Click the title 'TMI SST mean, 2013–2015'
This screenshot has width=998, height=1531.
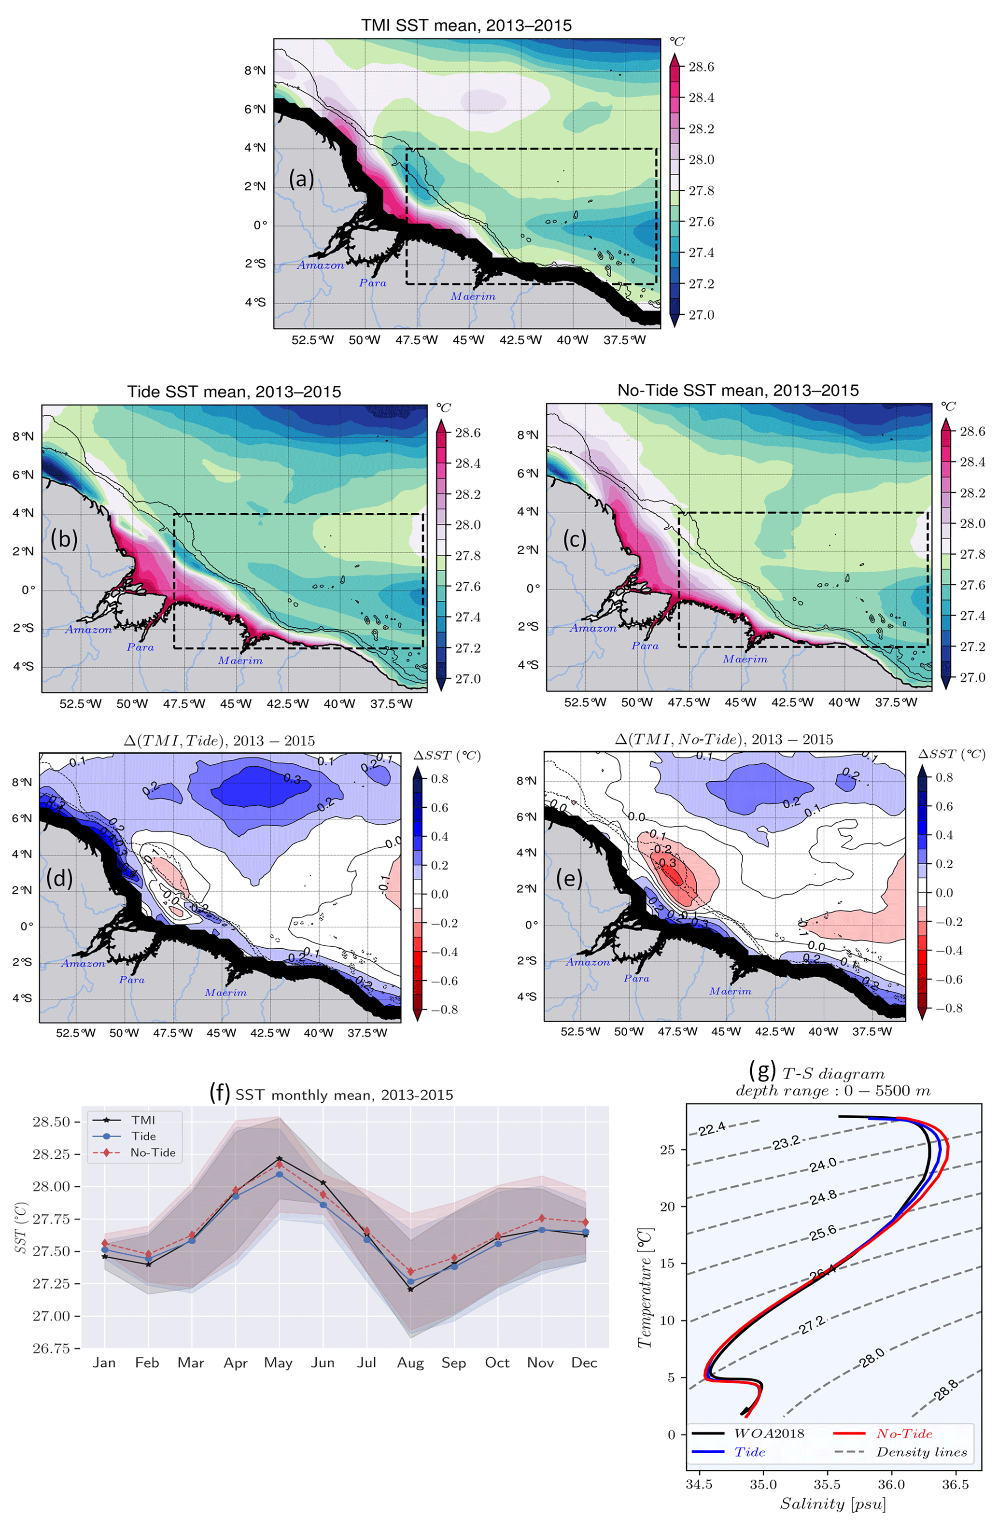[x=466, y=25]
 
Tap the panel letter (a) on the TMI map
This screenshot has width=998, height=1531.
[x=301, y=178]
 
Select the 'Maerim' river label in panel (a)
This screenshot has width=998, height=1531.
[x=473, y=296]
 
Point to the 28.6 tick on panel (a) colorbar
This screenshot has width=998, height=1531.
[x=701, y=67]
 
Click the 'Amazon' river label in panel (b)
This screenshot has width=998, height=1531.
[x=88, y=630]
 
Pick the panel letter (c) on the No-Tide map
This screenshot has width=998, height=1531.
[x=574, y=539]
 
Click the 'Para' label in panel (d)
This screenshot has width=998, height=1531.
[x=132, y=980]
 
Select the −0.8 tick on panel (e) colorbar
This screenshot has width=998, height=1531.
[x=948, y=1008]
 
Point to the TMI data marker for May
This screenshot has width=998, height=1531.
[x=279, y=1159]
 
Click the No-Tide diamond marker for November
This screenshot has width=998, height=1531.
[x=542, y=1218]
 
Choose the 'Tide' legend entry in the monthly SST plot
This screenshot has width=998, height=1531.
[x=143, y=1136]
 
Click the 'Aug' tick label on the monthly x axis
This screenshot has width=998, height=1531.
[x=410, y=1363]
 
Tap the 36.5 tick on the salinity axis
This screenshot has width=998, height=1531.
[x=955, y=1485]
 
